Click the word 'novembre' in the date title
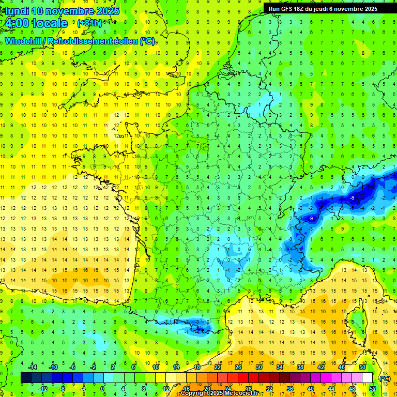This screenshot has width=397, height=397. (68, 11)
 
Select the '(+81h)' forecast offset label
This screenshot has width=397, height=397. (89, 23)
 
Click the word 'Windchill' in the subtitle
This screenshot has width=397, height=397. (24, 41)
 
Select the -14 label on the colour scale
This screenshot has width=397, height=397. (33, 367)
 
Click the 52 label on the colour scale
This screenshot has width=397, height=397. (372, 388)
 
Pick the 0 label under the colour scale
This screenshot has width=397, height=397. (102, 388)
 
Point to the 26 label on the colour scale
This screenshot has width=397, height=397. (238, 367)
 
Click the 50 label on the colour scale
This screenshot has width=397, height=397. (362, 367)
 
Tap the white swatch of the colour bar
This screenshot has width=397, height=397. (368, 378)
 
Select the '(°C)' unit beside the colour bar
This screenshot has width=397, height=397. (385, 378)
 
